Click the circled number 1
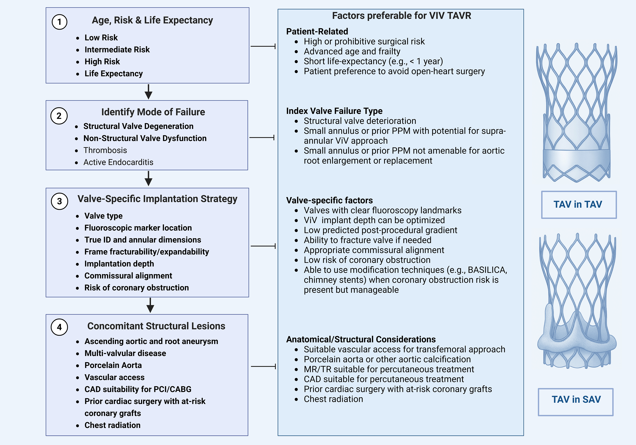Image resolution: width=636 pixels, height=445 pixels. tap(59, 22)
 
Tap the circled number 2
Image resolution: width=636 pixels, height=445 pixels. tap(59, 116)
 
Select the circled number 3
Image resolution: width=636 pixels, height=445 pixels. tap(59, 201)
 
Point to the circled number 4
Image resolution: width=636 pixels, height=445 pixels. tap(59, 327)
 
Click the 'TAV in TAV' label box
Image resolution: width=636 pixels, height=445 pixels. tap(579, 205)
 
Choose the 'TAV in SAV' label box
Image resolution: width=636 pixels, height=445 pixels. tap(576, 402)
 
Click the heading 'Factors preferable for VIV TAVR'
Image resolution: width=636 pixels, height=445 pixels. tap(401, 16)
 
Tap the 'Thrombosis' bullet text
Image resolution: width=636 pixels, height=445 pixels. tap(105, 150)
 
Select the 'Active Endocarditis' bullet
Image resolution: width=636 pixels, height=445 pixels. tap(118, 162)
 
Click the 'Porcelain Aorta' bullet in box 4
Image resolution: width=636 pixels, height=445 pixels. tap(113, 365)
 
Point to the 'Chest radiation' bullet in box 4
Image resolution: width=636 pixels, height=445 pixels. tap(112, 425)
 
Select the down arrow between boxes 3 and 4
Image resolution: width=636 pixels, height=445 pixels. tap(150, 305)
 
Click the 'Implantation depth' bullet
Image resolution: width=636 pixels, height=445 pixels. tap(119, 264)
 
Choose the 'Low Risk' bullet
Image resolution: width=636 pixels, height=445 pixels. tap(101, 38)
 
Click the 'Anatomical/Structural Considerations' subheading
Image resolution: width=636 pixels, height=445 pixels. tap(361, 339)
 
